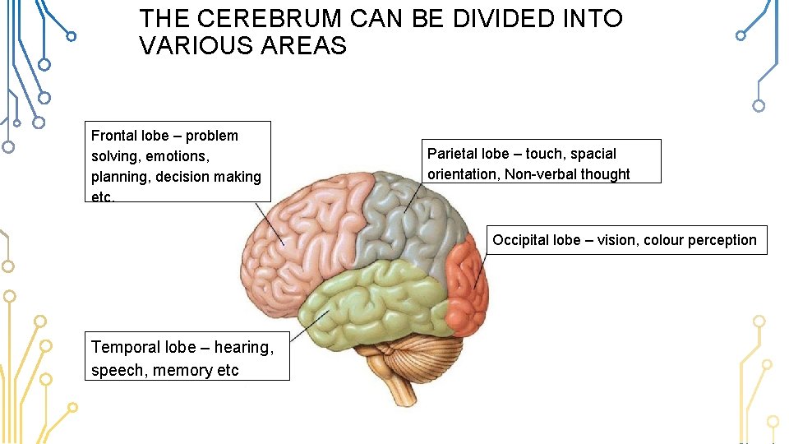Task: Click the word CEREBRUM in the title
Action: click(246, 19)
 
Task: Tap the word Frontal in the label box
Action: click(113, 136)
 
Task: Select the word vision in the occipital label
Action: click(616, 240)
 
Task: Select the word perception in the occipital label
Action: click(723, 240)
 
